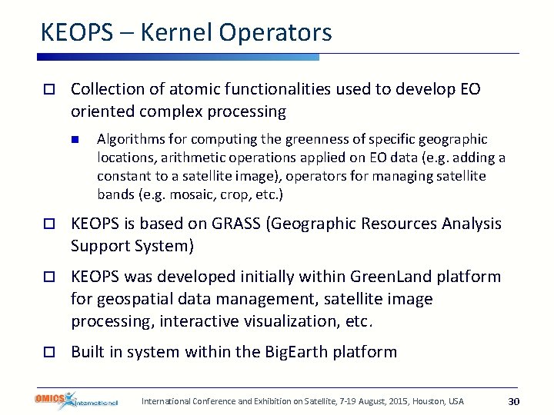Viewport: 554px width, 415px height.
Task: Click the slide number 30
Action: coord(514,401)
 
